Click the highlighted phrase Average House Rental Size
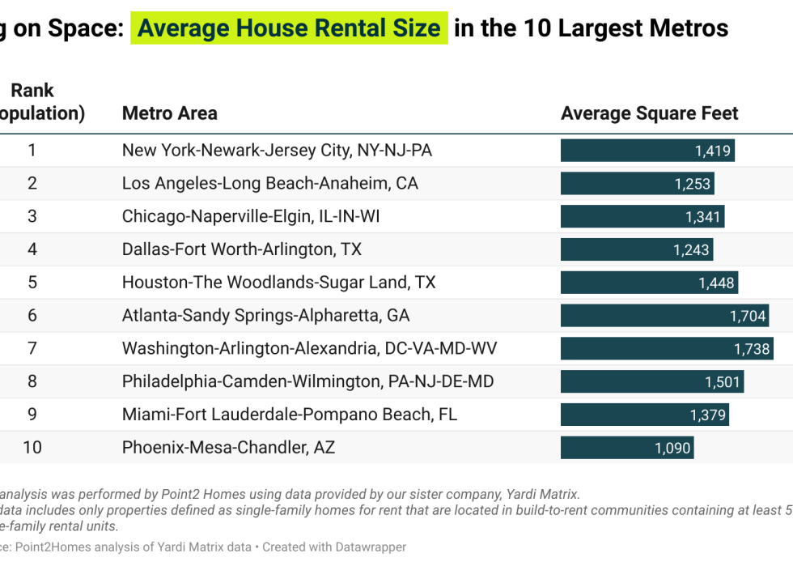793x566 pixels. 289,28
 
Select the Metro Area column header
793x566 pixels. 169,113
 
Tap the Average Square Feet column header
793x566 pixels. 649,113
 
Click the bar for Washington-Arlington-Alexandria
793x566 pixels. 666,348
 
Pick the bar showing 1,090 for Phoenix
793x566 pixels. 627,447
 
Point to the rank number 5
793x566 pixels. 32,282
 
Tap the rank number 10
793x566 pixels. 32,447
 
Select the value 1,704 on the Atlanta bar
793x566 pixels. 748,316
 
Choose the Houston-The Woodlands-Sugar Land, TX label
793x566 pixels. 278,282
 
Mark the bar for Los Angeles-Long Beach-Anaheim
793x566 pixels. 637,183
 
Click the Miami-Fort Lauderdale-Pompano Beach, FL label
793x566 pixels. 289,414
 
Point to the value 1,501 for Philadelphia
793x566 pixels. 723,381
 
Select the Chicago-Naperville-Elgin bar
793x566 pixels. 642,216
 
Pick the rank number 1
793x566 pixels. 32,150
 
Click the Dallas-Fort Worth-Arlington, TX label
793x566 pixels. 241,249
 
